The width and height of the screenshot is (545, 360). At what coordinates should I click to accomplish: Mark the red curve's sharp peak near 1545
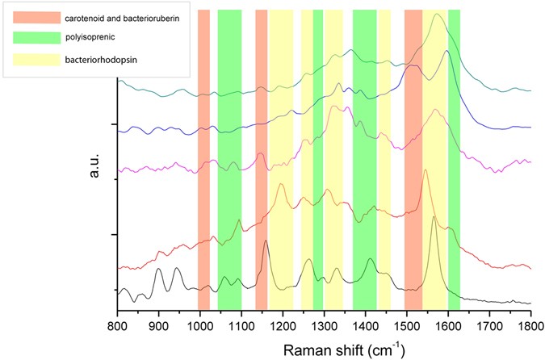(426, 170)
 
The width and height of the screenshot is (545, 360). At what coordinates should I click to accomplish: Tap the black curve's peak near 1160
(266, 242)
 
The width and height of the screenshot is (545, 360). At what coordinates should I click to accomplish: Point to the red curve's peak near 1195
(281, 184)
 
